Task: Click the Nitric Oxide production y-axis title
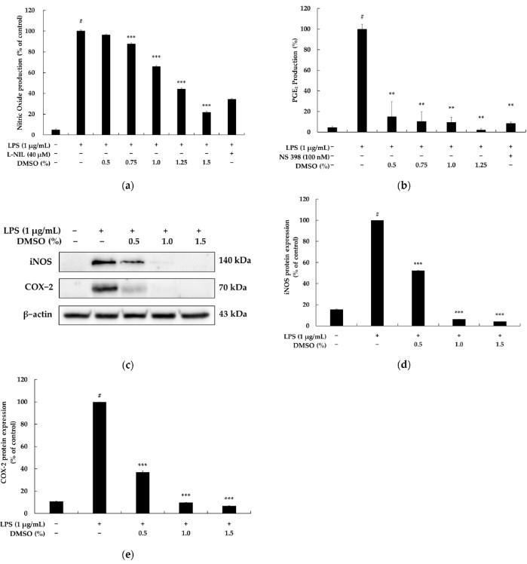point(10,69)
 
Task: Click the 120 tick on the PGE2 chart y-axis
point(305,9)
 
